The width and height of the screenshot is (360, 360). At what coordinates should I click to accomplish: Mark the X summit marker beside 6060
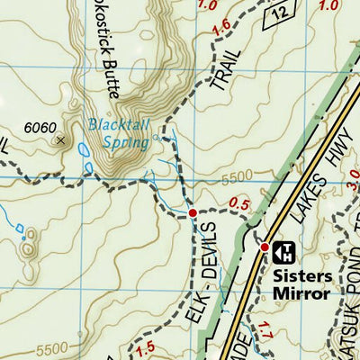(x=61, y=139)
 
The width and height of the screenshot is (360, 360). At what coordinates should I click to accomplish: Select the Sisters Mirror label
(x=301, y=283)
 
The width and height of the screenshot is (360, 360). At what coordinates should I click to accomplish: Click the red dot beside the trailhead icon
(x=265, y=247)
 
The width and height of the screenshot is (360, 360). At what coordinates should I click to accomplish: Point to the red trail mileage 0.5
(x=239, y=204)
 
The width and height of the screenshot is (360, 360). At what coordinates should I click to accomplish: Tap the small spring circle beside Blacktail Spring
(x=157, y=138)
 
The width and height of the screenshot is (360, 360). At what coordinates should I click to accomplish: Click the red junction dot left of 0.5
(x=192, y=213)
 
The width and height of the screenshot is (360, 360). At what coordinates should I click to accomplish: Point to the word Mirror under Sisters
(x=303, y=292)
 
